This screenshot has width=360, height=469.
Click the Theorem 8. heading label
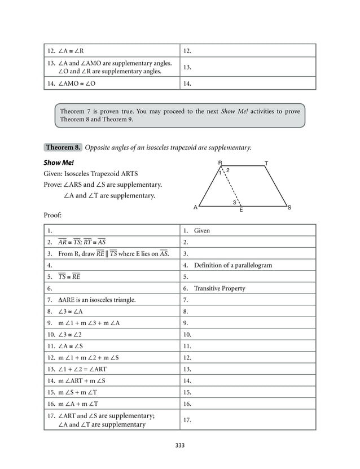pyautogui.click(x=63, y=147)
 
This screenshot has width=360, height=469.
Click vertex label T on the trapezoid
pyautogui.click(x=266, y=163)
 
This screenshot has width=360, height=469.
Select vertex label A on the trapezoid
pyautogui.click(x=196, y=208)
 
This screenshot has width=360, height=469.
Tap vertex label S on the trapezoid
pyautogui.click(x=289, y=208)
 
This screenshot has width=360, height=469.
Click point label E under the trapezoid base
pyautogui.click(x=241, y=210)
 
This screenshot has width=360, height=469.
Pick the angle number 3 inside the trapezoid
pyautogui.click(x=234, y=201)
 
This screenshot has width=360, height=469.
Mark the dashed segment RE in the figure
pyautogui.click(x=231, y=185)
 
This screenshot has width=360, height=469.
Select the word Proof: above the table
pyautogui.click(x=52, y=215)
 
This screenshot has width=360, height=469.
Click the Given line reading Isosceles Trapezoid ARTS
pyautogui.click(x=90, y=173)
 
